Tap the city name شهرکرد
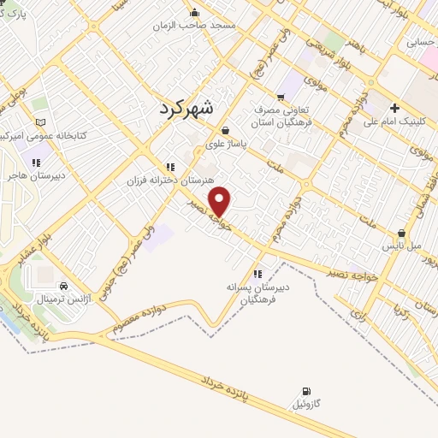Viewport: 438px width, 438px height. pyautogui.click(x=190, y=108)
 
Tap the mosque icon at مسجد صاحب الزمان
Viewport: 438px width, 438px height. pyautogui.click(x=197, y=12)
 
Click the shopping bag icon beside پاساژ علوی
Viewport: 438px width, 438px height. pyautogui.click(x=224, y=130)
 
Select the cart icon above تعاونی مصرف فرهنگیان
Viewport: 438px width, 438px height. pyautogui.click(x=281, y=96)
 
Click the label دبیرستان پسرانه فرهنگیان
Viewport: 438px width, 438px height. pyautogui.click(x=258, y=294)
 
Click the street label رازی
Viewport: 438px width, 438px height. pyautogui.click(x=355, y=316)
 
